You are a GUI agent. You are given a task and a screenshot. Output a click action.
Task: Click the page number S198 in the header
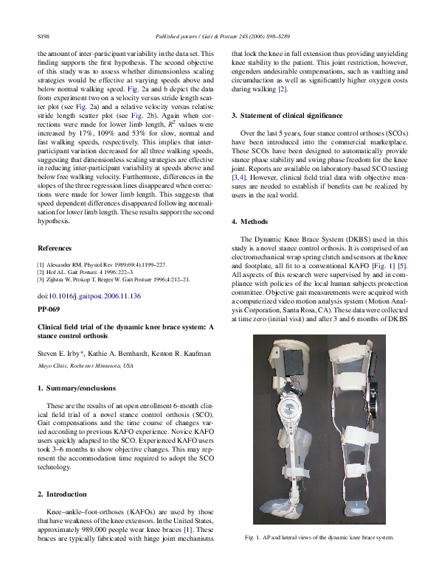44,35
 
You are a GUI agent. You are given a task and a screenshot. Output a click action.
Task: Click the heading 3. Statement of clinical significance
287,116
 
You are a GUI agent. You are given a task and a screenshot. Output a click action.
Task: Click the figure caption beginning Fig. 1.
319,537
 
